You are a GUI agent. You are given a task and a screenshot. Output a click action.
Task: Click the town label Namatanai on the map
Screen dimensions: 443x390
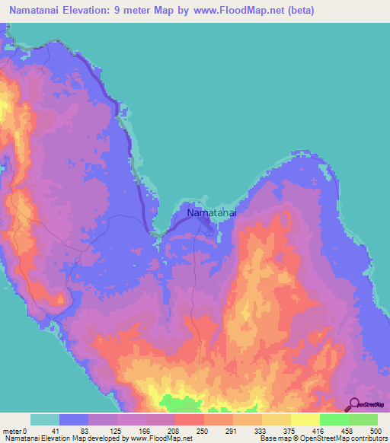click(212, 215)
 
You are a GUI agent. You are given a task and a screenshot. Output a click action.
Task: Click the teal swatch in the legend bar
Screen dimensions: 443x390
click(45, 419)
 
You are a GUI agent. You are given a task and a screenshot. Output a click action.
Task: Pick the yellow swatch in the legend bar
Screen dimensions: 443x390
click(305, 419)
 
